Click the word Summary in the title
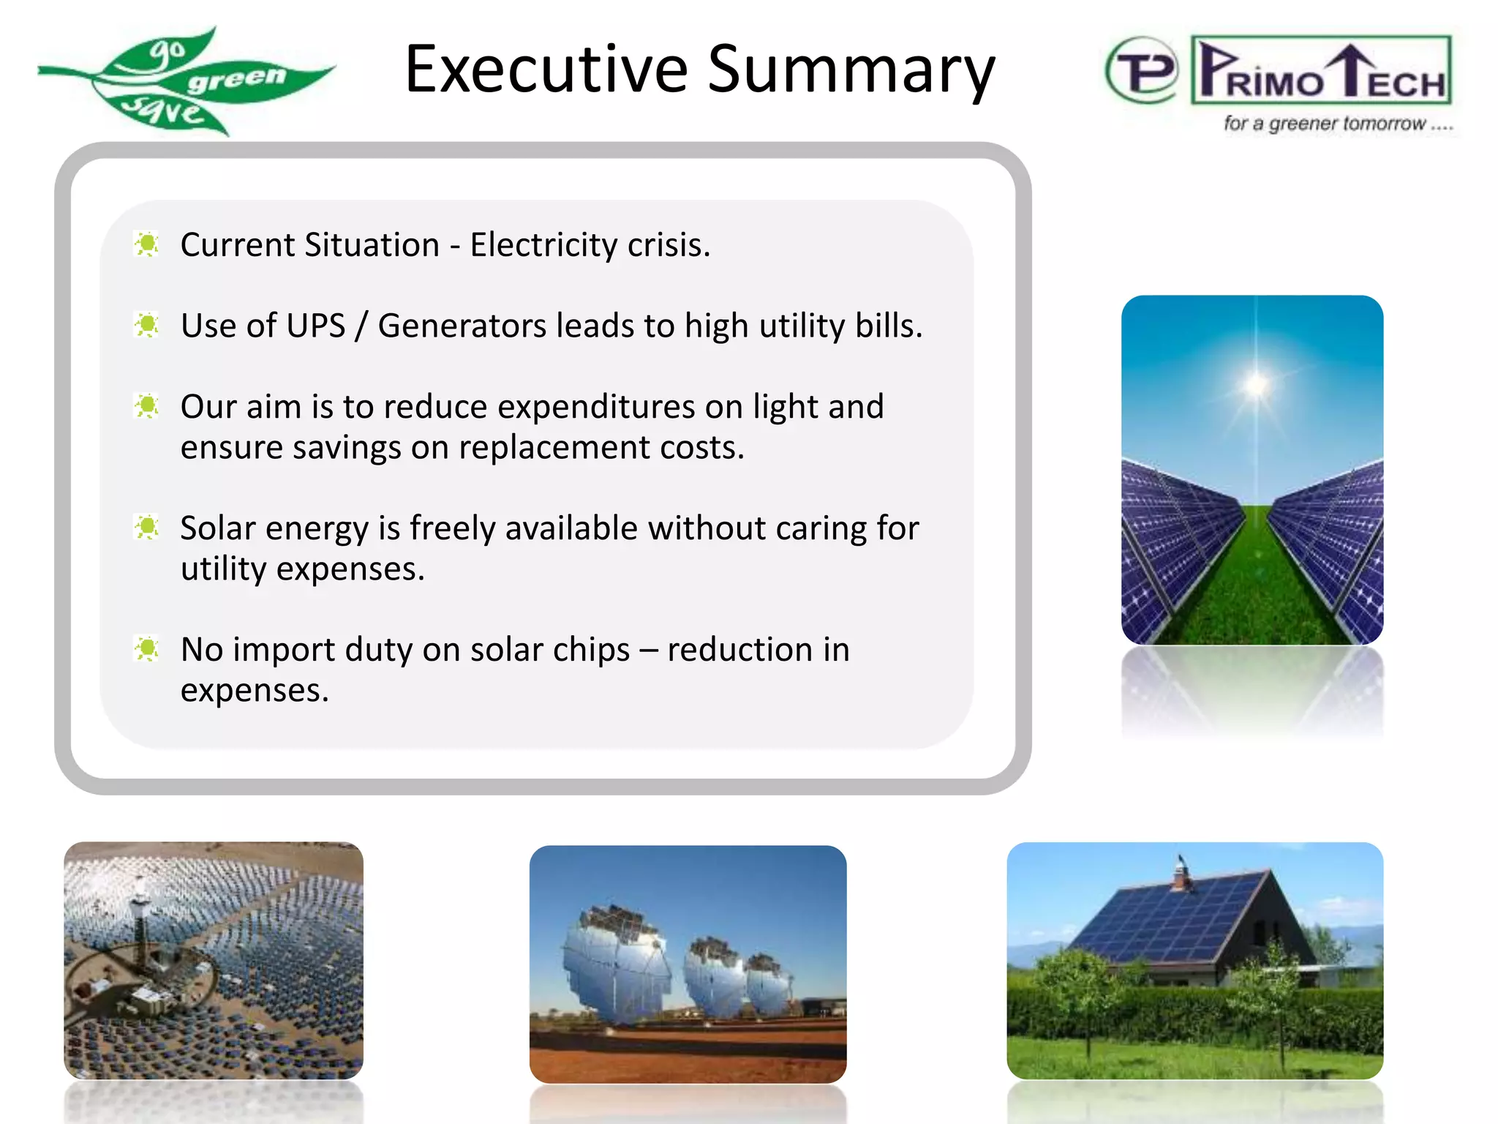851,71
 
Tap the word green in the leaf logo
236,78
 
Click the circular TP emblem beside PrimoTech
1142,71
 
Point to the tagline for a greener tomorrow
1337,124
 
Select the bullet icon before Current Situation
147,244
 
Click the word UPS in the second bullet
315,326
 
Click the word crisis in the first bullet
669,244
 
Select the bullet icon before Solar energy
147,527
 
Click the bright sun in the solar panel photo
1256,383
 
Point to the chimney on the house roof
1179,872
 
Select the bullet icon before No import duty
147,648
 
